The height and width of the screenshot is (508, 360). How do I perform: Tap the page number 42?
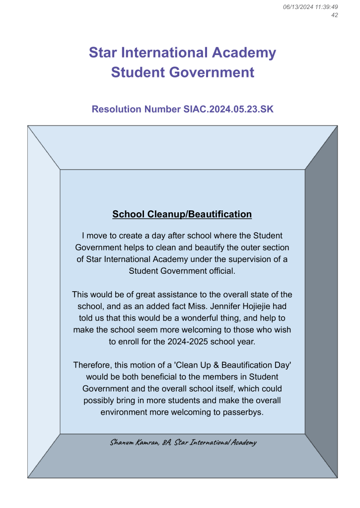point(334,15)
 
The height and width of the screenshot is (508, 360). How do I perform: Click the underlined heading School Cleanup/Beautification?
point(182,214)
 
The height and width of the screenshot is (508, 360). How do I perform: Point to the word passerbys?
point(242,412)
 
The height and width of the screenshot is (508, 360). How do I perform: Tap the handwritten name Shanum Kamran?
point(134,443)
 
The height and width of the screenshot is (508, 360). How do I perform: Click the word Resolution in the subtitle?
point(116,109)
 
